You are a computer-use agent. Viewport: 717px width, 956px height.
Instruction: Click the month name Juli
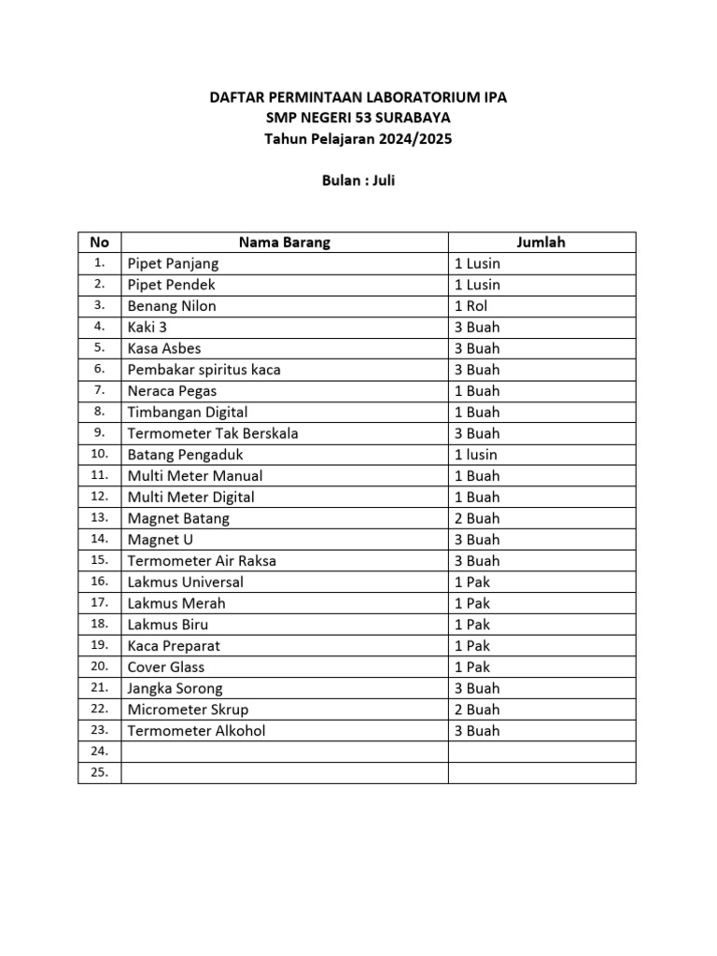point(384,180)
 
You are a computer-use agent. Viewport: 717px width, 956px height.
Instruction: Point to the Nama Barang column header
point(284,243)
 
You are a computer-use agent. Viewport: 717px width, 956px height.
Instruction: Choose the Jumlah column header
point(541,243)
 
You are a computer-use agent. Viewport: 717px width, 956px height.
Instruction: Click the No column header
point(99,243)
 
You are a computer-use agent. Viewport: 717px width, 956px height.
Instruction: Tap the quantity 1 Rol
point(471,306)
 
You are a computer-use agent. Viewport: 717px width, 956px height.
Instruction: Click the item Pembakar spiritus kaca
point(204,370)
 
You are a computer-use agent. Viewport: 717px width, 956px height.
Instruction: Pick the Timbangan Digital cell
point(188,412)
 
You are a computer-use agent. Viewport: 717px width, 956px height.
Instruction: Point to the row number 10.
point(99,455)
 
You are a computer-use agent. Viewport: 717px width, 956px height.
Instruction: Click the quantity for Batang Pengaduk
point(476,455)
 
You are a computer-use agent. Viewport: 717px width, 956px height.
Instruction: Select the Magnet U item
point(161,540)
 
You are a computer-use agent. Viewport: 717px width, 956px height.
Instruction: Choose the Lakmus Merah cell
point(176,603)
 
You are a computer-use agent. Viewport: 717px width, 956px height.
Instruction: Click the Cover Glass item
point(166,667)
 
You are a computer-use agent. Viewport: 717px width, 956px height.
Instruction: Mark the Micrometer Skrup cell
point(188,710)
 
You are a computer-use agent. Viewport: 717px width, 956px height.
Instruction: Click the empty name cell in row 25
point(284,773)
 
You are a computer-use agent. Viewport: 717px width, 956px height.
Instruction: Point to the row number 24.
point(99,752)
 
